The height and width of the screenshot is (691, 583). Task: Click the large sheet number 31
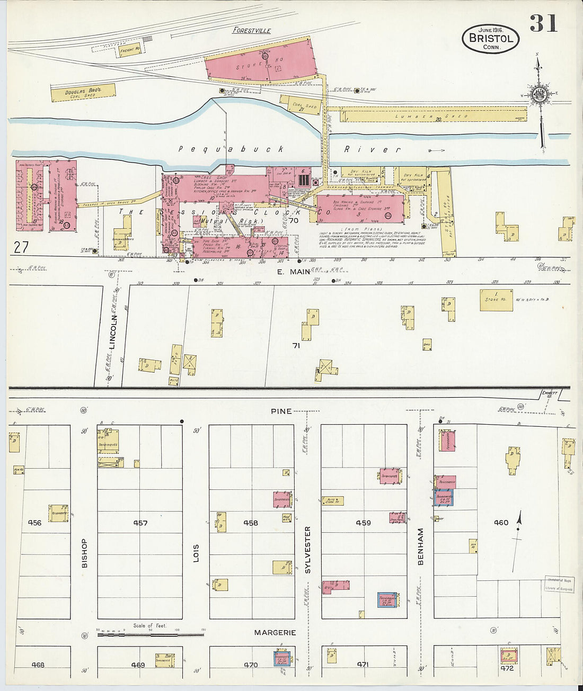(x=543, y=23)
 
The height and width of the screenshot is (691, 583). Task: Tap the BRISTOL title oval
(x=490, y=39)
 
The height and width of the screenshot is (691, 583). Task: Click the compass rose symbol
(x=540, y=95)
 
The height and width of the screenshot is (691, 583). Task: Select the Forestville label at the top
(x=252, y=30)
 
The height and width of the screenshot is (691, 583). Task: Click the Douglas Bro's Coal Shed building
(x=83, y=93)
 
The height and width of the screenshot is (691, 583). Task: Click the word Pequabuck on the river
(x=231, y=149)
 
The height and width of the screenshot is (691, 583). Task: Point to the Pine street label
(x=281, y=411)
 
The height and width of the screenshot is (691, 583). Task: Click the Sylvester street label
(x=307, y=550)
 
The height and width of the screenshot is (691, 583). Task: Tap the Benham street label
(x=421, y=546)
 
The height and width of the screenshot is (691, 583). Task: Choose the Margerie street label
(x=275, y=632)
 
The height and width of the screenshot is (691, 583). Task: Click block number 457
(x=140, y=523)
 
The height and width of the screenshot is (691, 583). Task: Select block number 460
(x=501, y=522)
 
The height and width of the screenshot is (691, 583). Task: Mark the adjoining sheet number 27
(x=21, y=247)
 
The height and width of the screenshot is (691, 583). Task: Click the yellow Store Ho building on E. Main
(x=496, y=300)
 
